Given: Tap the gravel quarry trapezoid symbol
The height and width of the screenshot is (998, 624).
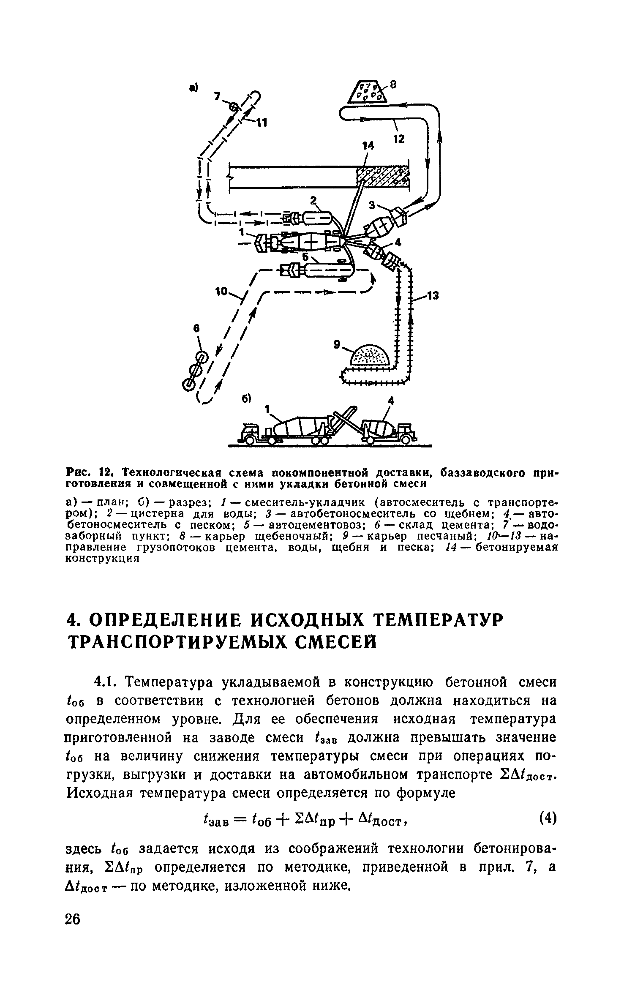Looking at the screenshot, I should [366, 92].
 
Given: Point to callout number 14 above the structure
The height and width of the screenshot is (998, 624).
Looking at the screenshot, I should [368, 146].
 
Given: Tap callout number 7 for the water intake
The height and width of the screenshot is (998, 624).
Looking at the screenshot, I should [217, 97].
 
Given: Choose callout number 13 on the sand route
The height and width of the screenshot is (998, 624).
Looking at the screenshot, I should [433, 297].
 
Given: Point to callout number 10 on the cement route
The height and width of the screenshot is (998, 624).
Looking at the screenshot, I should [221, 292].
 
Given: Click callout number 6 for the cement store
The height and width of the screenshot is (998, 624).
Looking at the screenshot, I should [196, 328].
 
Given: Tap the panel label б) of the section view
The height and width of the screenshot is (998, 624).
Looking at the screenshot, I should [247, 398].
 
